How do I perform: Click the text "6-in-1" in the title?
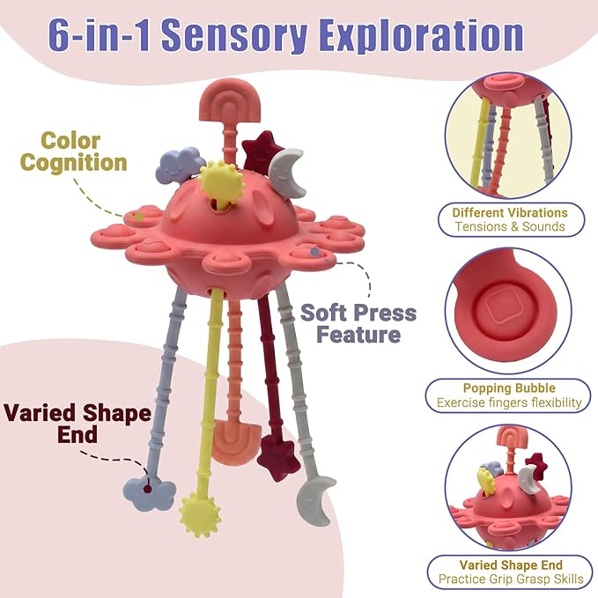[x=100, y=35]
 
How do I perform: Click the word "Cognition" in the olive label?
[x=74, y=162]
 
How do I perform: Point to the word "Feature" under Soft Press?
[x=358, y=335]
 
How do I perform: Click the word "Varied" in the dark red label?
[x=41, y=413]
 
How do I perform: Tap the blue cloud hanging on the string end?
[x=150, y=494]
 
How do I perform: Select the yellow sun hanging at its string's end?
[x=200, y=513]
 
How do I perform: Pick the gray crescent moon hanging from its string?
[x=316, y=500]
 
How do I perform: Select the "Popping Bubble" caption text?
[x=509, y=388]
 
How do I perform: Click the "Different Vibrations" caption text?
[x=510, y=212]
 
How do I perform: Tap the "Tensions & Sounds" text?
[x=510, y=226]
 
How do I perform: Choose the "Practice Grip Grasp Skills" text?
[x=511, y=579]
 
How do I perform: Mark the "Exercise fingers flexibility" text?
[x=509, y=402]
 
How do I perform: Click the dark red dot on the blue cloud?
[x=148, y=489]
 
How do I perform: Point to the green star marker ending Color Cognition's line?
[x=139, y=217]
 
